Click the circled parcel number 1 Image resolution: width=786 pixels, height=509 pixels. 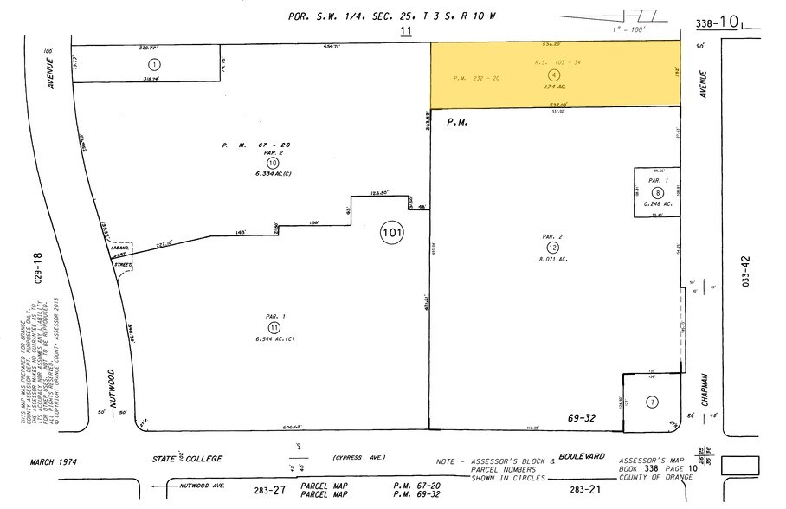click(154, 64)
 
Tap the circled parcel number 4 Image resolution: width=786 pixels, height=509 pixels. click(554, 74)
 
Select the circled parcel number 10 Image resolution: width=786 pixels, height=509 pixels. click(273, 162)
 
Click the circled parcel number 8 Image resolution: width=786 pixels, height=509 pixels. click(658, 193)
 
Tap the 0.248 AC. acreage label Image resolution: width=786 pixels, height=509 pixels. click(657, 204)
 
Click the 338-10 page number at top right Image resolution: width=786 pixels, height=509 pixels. click(717, 23)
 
